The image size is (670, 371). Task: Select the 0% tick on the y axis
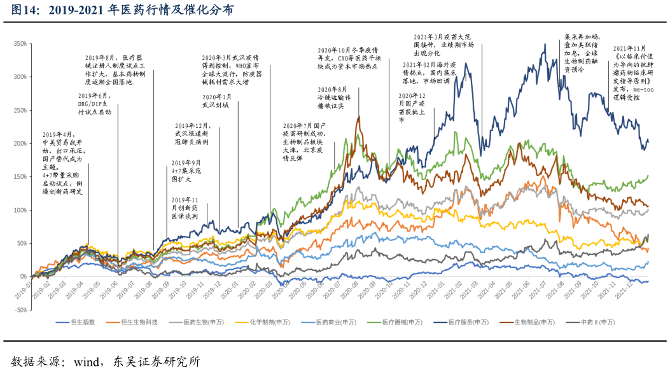(x=22, y=277)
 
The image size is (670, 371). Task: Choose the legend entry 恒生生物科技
(x=139, y=323)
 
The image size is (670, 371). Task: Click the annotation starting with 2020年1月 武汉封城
(x=216, y=101)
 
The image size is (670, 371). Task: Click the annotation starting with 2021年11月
(x=631, y=73)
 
